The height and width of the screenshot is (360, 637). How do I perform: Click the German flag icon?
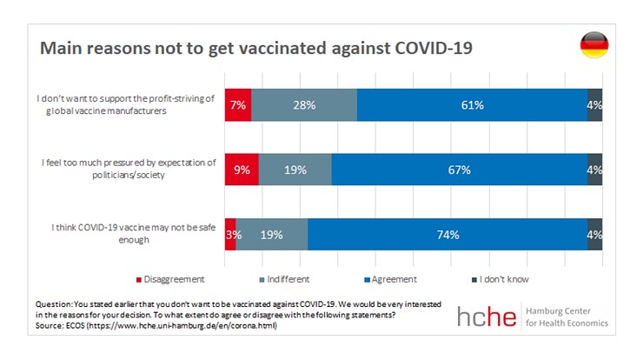[x=594, y=45]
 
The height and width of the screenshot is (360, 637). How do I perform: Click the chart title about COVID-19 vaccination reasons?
[x=255, y=47]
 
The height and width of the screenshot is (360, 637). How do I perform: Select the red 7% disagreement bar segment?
[x=237, y=104]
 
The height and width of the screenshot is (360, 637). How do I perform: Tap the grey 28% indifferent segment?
[x=303, y=104]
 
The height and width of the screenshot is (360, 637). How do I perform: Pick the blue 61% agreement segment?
[x=471, y=104]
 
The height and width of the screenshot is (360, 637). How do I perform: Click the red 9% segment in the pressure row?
[x=241, y=170]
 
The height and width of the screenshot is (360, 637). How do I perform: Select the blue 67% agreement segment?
[x=459, y=170]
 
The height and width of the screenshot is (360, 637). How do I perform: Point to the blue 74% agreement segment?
[x=447, y=235]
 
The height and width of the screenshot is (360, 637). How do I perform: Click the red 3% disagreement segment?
[x=230, y=235]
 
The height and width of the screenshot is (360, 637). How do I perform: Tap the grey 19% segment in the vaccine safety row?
[x=271, y=235]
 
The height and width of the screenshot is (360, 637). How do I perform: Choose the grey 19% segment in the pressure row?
[x=295, y=170]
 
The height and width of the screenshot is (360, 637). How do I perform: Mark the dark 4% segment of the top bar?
[x=594, y=104]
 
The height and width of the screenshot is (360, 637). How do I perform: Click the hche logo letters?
[x=489, y=317]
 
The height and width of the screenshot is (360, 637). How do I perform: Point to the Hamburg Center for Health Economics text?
[x=568, y=317]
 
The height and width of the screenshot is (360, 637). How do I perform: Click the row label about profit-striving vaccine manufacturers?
[x=126, y=104]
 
